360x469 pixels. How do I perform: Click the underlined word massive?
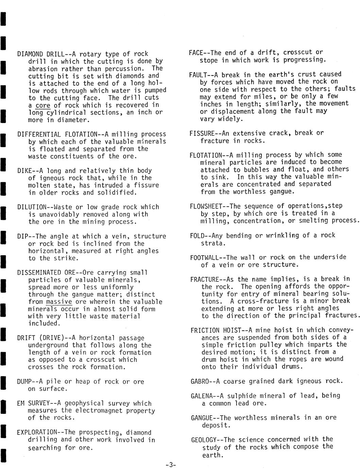(x=59, y=302)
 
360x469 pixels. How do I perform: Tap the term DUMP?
(x=24, y=382)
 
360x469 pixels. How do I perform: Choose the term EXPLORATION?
(x=37, y=433)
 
